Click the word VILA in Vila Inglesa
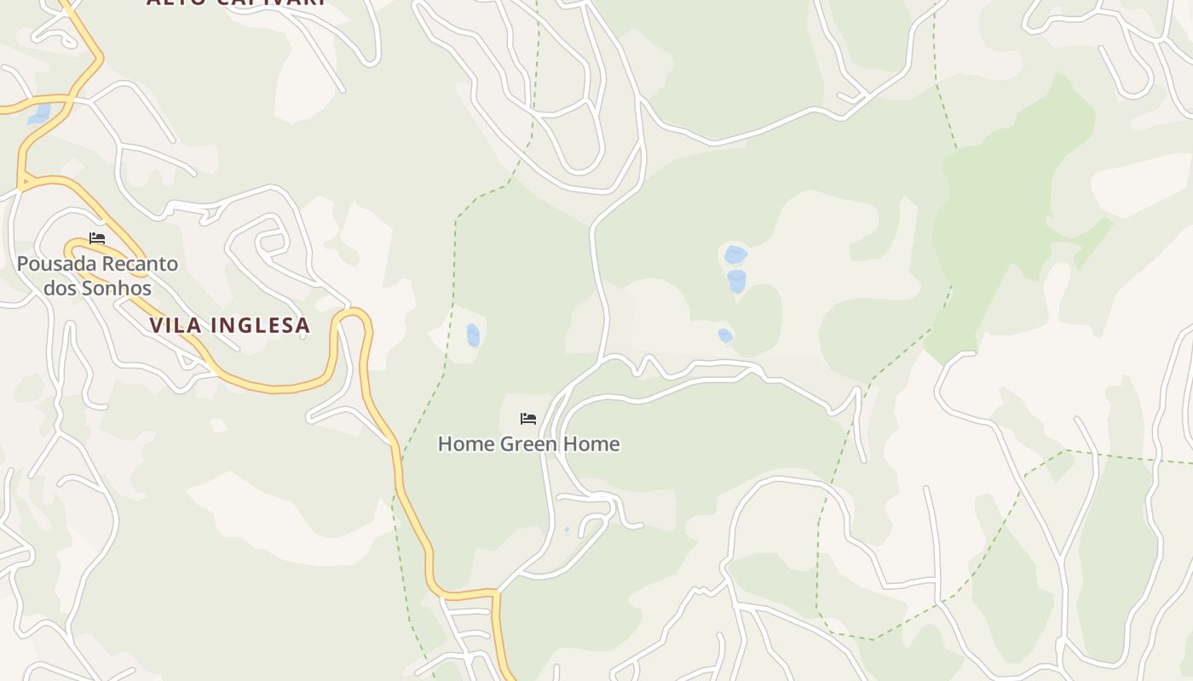[x=175, y=325]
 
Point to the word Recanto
[x=140, y=264]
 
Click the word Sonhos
[x=117, y=289]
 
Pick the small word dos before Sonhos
[x=60, y=289]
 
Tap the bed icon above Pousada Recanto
[x=97, y=238]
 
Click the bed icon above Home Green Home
[x=528, y=418]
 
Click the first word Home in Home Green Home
[x=465, y=444]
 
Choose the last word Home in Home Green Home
[x=592, y=444]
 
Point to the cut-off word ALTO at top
[x=175, y=3]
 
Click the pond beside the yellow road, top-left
[x=39, y=114]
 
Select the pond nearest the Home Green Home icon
[x=473, y=335]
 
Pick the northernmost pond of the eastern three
[x=735, y=254]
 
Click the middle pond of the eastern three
[x=737, y=281]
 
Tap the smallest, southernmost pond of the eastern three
[x=725, y=335]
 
